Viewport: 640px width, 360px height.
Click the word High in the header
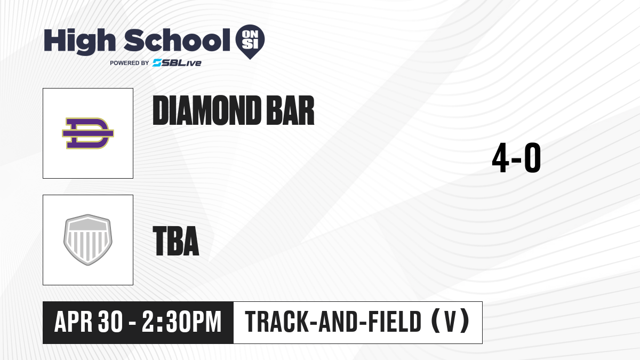[x=79, y=42]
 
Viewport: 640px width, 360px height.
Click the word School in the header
[x=177, y=39]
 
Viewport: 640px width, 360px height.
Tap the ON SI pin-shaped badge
[x=250, y=42]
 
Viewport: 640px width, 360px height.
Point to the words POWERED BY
[x=130, y=63]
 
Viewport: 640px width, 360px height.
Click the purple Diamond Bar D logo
[x=88, y=133]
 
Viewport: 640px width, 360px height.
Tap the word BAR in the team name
[x=290, y=110]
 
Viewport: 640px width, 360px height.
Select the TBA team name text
[x=176, y=241]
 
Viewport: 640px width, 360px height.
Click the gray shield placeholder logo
[x=88, y=239]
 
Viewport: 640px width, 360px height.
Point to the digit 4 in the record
[x=500, y=158]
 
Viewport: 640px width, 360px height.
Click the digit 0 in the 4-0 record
[x=533, y=158]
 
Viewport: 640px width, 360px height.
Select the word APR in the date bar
[x=73, y=322]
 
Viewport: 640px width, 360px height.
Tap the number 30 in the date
[x=110, y=322]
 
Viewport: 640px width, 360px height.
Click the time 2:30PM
[x=182, y=322]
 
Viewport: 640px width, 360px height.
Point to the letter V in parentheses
[x=450, y=322]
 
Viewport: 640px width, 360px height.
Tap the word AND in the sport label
[x=338, y=322]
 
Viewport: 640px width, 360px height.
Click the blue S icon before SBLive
[x=157, y=63]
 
